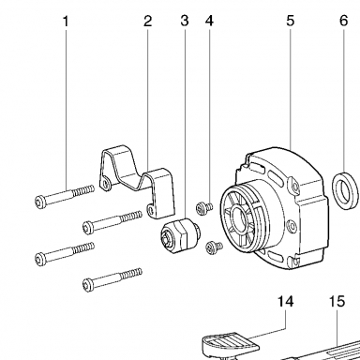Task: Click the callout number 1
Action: [x=66, y=22]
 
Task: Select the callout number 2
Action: [x=147, y=22]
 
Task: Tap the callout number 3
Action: [x=185, y=22]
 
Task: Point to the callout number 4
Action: [x=209, y=22]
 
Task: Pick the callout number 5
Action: [x=291, y=22]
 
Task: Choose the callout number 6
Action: [x=343, y=22]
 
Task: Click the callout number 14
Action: [x=286, y=302]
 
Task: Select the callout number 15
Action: [x=337, y=302]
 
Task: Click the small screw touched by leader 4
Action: [x=203, y=207]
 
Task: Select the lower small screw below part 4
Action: [x=214, y=247]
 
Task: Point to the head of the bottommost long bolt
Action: [x=88, y=285]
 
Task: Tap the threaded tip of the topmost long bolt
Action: [x=83, y=190]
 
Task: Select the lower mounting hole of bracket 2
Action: [x=151, y=210]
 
